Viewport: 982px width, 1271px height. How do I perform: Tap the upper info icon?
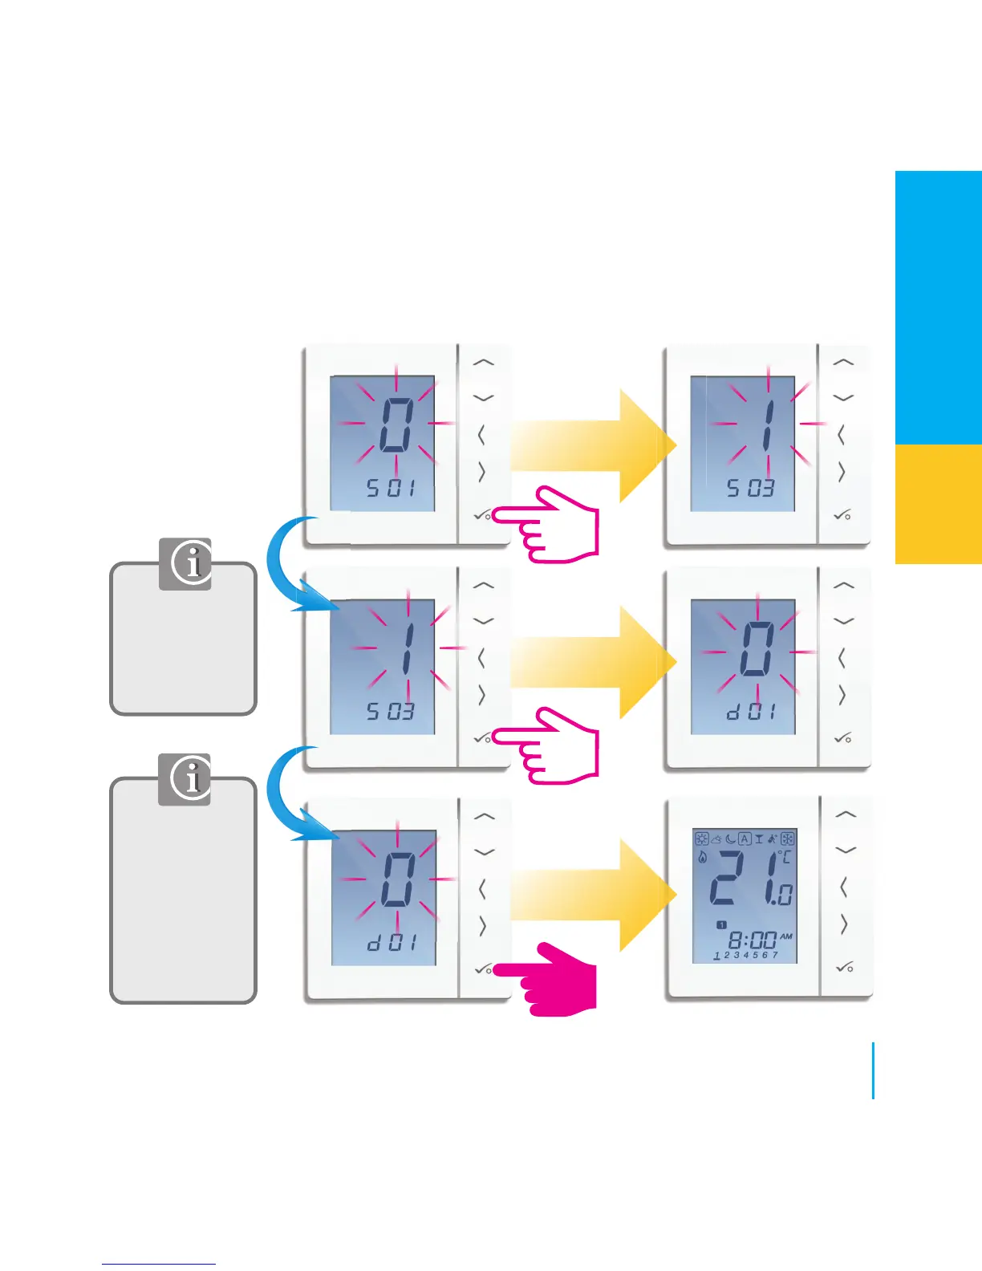point(185,563)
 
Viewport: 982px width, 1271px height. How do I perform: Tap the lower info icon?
point(185,778)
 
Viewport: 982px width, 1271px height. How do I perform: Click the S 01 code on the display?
point(391,487)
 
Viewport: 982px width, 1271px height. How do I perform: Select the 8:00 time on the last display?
point(752,940)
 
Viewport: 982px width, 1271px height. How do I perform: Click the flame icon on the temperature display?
point(703,857)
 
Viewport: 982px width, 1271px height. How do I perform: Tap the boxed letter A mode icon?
point(745,839)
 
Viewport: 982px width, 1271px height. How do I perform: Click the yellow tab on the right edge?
point(938,504)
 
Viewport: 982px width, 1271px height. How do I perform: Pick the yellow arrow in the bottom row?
point(594,894)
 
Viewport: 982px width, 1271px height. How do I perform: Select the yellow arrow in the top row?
point(594,445)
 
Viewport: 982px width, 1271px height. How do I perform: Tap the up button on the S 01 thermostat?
point(483,362)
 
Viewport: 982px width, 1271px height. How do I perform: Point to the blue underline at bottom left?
point(159,1264)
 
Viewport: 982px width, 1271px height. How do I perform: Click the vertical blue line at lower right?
point(873,1070)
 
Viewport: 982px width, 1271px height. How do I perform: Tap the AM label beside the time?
point(786,936)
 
